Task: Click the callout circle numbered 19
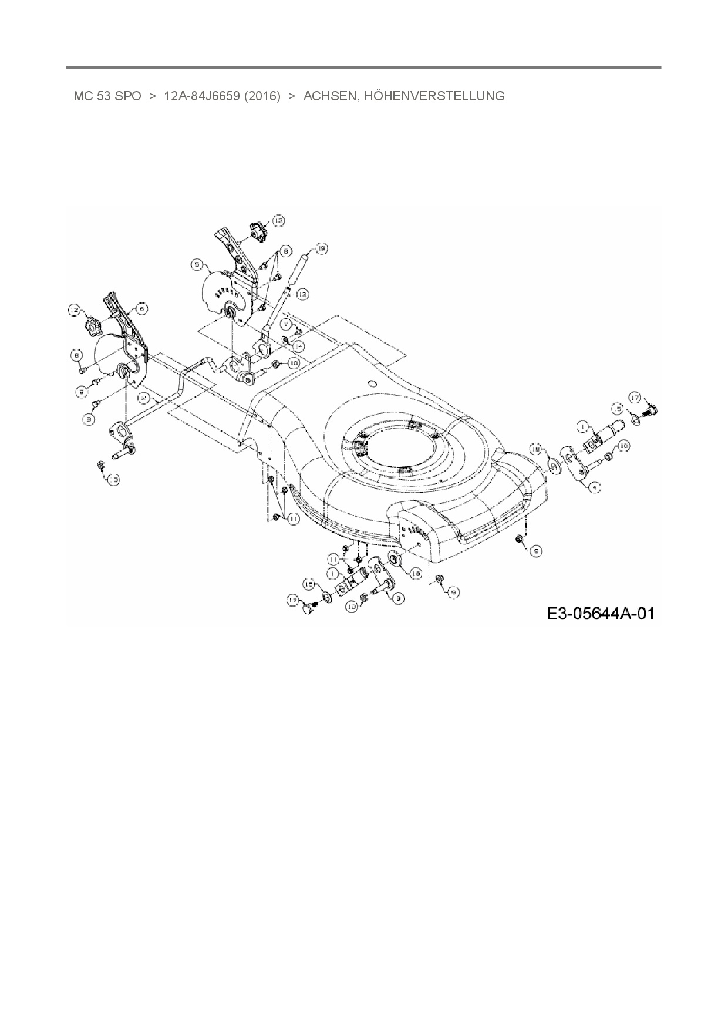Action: (321, 249)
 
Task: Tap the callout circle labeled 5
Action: (197, 265)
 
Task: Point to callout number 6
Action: (142, 308)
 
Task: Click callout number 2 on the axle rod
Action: (143, 398)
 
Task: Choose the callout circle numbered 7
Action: (286, 324)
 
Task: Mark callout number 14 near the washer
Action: (298, 346)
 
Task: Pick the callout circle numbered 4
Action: (594, 487)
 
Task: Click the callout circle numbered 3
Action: (399, 598)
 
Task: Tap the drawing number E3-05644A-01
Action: (599, 614)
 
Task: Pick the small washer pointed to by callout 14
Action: (284, 340)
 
